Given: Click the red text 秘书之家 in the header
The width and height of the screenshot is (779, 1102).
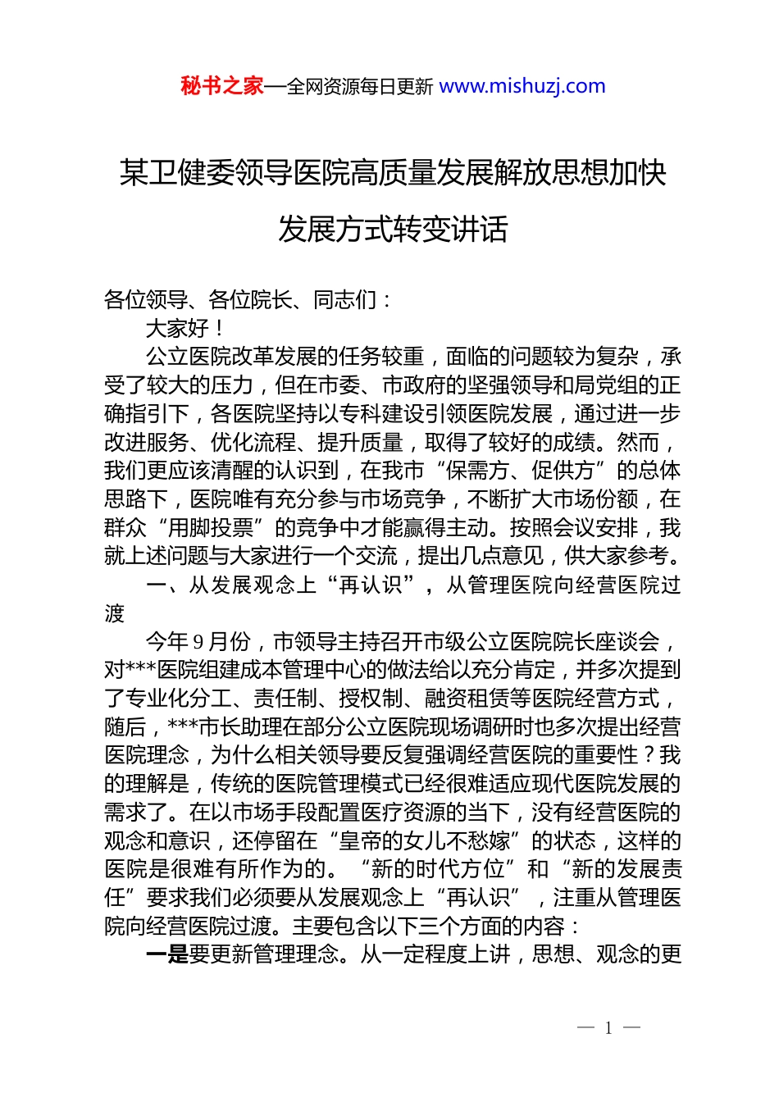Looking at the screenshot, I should tap(222, 86).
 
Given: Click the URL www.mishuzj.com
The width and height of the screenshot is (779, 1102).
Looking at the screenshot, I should tap(522, 86).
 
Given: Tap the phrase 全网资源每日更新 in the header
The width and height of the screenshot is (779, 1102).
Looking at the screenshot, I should tap(360, 87).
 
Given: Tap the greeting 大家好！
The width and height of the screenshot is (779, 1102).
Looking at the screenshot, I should tap(185, 329).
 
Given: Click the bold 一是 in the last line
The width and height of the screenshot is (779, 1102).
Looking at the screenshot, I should tap(166, 954).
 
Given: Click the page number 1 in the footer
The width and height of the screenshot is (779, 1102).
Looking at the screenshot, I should tap(608, 1028).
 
